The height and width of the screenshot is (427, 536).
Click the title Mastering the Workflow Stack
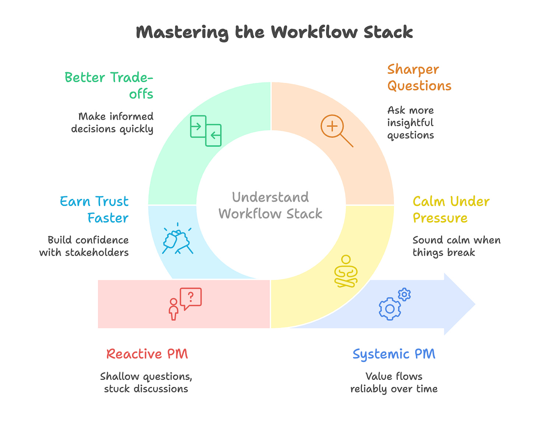274,32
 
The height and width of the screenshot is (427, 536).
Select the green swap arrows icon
206,130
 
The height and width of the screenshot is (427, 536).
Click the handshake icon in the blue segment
178,239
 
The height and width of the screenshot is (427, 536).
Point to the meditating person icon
346,271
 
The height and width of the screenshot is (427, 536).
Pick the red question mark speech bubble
191,298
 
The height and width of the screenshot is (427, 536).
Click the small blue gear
404,294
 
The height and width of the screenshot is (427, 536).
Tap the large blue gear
389,308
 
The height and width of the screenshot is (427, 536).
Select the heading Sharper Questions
419,77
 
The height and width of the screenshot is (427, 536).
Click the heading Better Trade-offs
109,85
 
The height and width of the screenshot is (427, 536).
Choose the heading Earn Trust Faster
94,210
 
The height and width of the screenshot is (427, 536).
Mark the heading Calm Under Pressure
451,210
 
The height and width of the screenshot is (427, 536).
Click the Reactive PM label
147,354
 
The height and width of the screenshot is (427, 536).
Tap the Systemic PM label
394,354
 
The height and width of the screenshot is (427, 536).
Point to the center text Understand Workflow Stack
271,205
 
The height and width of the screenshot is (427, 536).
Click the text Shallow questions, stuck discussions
146,382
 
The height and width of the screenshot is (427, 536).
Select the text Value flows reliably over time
394,382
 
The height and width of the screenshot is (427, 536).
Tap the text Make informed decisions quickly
112,123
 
